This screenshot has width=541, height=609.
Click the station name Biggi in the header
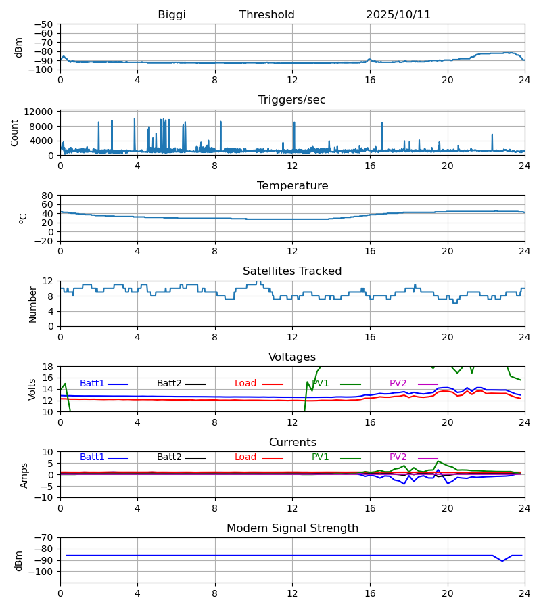coord(172,15)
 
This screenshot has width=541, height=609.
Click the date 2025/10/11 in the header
coord(398,15)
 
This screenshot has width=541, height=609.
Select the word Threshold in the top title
coord(267,15)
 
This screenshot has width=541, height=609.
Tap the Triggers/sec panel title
coord(292,100)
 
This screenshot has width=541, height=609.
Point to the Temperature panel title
coord(292,186)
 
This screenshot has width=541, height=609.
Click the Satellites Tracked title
coord(292,271)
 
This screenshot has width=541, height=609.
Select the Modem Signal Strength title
coord(292,528)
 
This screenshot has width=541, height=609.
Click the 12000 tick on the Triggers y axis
coord(42,112)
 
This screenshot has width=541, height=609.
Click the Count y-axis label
coord(15,133)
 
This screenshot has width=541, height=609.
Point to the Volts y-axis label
coord(32,389)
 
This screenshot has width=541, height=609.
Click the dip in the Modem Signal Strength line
coord(502,561)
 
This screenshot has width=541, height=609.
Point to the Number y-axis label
coord(32,304)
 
